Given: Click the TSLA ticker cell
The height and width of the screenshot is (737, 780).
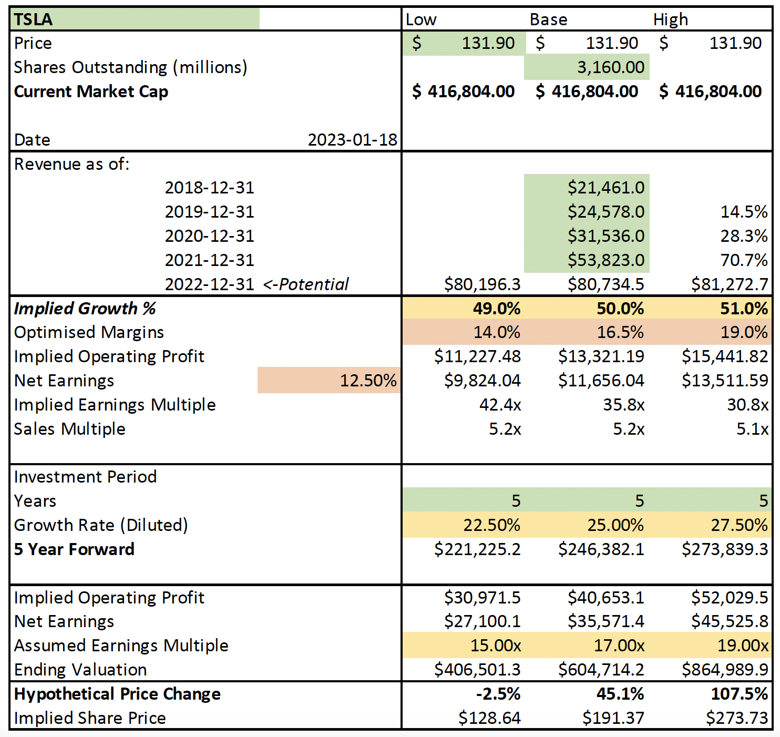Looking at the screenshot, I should (x=33, y=19).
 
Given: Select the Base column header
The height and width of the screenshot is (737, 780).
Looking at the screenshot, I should (x=548, y=19).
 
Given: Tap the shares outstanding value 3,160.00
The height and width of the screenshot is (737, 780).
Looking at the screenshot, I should (x=610, y=67).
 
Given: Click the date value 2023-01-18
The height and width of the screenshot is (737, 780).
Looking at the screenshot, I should (x=352, y=140).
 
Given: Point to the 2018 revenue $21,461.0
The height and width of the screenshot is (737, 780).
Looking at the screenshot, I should (x=605, y=188).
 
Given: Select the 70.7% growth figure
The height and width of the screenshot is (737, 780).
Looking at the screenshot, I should (x=744, y=260).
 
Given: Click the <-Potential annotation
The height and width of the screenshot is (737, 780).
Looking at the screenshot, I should (x=306, y=284).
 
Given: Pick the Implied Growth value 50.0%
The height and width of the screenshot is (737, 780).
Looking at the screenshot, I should (x=620, y=309).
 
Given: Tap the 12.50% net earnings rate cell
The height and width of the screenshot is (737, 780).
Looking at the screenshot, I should (x=368, y=381).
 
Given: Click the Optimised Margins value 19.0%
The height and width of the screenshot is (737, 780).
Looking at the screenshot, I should (x=744, y=332).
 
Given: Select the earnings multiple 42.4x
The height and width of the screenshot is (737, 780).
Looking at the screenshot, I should (x=500, y=405).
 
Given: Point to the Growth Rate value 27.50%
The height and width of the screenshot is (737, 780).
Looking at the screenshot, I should (x=739, y=525).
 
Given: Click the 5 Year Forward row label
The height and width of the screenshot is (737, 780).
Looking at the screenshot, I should (x=74, y=549).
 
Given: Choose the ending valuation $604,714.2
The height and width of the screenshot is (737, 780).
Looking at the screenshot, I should (x=601, y=670).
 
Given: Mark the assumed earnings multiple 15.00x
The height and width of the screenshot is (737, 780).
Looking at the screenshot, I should (x=495, y=646).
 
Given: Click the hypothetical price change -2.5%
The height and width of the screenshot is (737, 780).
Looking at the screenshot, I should (x=498, y=694).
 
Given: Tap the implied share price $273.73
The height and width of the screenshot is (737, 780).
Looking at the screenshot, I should (x=736, y=718).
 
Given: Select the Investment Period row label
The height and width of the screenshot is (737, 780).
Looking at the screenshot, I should (x=85, y=477).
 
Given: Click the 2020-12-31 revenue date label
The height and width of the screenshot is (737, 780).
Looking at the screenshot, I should (x=209, y=236).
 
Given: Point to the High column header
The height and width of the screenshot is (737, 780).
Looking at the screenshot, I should (x=670, y=19).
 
